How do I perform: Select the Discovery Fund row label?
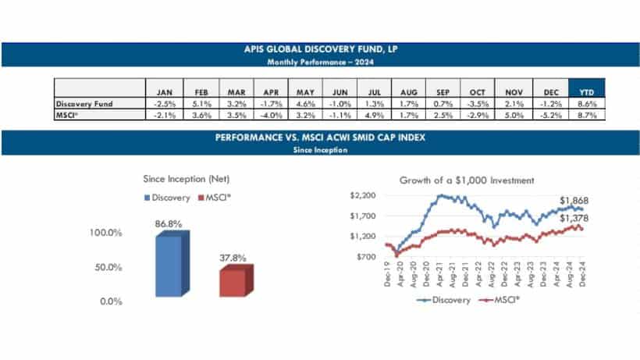82,102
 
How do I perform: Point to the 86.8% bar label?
169,223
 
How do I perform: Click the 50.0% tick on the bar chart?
108,267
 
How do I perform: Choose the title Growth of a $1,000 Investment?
467,180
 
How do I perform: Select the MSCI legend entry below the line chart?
504,301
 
